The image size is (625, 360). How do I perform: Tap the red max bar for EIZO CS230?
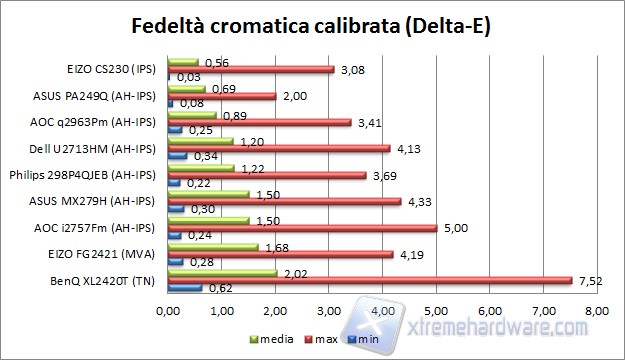251,69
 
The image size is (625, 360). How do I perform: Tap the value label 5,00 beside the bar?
456,228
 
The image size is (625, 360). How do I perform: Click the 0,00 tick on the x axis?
168,313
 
